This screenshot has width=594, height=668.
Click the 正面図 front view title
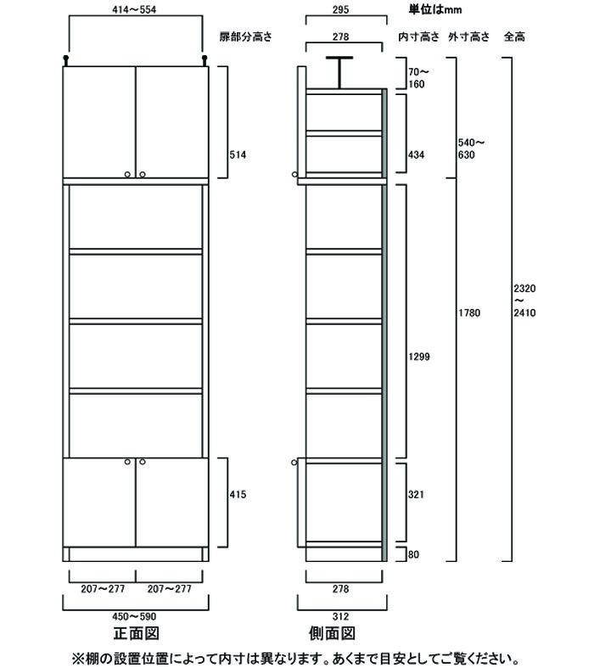[x=137, y=633]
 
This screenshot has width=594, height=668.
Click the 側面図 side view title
[x=332, y=633]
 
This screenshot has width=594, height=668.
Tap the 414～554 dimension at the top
[x=134, y=9]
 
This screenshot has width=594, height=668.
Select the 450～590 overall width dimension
[x=134, y=616]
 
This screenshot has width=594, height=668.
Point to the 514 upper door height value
[x=238, y=155]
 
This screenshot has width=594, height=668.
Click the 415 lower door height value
[x=238, y=495]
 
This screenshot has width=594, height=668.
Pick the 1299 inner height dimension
[x=419, y=357]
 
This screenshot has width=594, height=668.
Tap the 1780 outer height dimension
[x=469, y=313]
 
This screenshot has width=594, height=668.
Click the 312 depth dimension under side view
[x=340, y=616]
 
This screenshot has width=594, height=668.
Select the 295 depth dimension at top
[x=340, y=9]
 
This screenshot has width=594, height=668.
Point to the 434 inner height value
[x=416, y=155]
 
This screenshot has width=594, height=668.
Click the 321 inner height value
[x=416, y=495]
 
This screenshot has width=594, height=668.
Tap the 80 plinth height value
[x=413, y=554]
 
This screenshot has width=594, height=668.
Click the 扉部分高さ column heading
[x=246, y=36]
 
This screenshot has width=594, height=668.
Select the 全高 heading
[x=514, y=36]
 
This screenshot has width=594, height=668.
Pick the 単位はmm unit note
[x=435, y=9]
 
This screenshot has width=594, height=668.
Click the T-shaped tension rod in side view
[x=339, y=72]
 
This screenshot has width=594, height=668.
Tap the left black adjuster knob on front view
[x=65, y=60]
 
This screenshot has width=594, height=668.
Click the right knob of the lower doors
[x=143, y=462]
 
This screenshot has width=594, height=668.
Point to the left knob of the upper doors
[x=128, y=174]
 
